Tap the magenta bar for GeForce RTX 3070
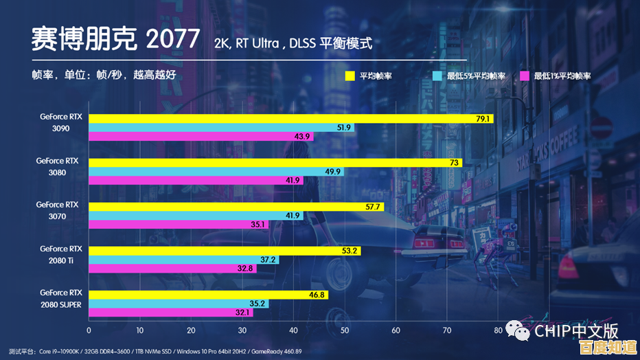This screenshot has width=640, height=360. click(172, 224)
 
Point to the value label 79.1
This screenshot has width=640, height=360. click(483, 119)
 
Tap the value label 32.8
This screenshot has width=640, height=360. click(246, 269)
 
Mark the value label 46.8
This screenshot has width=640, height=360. click(317, 295)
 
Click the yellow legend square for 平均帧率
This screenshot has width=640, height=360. click(350, 76)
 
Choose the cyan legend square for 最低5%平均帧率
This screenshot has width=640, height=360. click(437, 76)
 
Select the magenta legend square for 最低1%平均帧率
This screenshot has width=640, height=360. click(525, 76)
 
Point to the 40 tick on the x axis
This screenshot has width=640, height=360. click(294, 330)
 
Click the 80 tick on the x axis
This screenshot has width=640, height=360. click(498, 330)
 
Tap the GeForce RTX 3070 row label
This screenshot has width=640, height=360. click(58, 211)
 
